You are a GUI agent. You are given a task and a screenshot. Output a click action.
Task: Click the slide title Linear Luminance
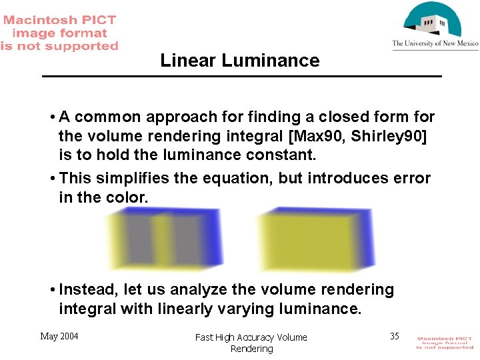tap(240, 61)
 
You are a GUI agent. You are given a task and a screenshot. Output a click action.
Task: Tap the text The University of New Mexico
tap(435, 44)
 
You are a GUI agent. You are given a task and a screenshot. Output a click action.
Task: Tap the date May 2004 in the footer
tap(59, 336)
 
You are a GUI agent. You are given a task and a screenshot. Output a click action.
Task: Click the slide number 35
tap(395, 336)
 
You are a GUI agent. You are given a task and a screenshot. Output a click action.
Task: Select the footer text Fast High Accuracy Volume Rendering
tap(251, 343)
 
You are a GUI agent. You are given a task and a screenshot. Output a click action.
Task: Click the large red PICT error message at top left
tap(59, 33)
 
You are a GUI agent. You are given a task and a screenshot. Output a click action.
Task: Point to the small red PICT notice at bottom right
tap(445, 343)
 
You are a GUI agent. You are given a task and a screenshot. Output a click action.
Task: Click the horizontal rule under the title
tap(242, 77)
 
